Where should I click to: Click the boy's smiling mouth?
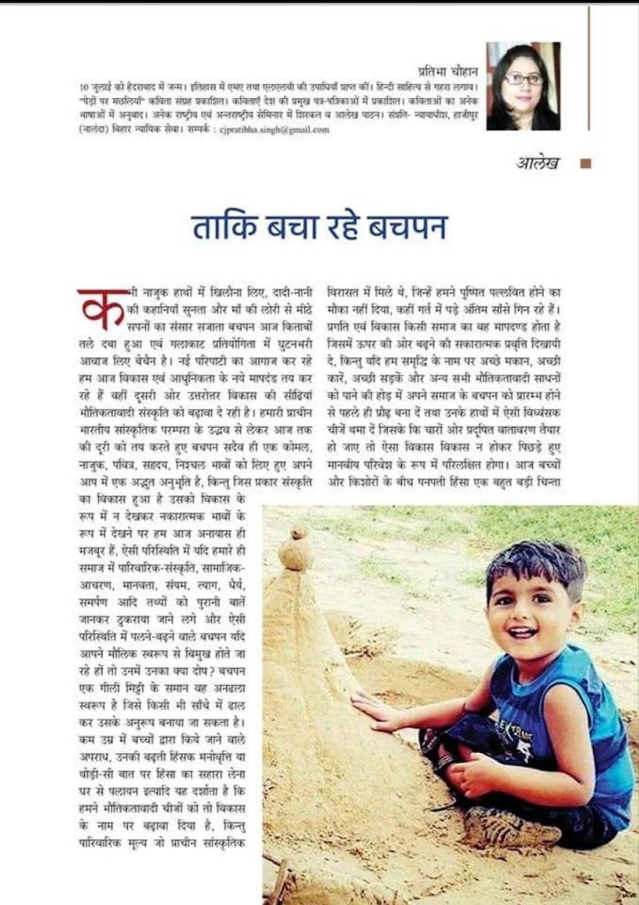[x=521, y=633]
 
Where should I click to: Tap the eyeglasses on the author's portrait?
[x=525, y=80]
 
